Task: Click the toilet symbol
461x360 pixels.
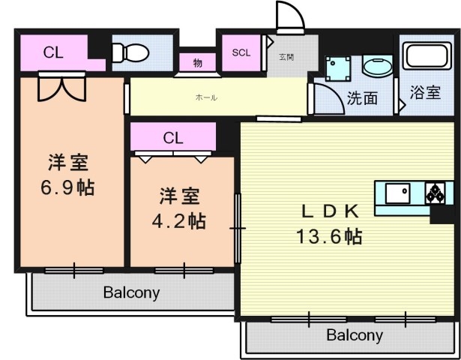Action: (128, 53)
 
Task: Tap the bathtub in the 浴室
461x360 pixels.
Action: (427, 57)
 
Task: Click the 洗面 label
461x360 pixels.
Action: (361, 97)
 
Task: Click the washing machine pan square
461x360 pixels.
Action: (340, 70)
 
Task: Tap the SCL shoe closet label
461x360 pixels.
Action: (241, 52)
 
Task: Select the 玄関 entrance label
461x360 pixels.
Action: (286, 57)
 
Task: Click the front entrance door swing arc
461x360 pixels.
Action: (289, 15)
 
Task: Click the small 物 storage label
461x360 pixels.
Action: (197, 63)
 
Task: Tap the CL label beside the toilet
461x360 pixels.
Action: (52, 52)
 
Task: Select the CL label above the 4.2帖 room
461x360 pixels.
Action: (173, 138)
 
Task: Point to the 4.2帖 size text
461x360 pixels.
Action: (182, 221)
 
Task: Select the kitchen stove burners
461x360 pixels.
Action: (435, 194)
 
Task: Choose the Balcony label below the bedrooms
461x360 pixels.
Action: (131, 292)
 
